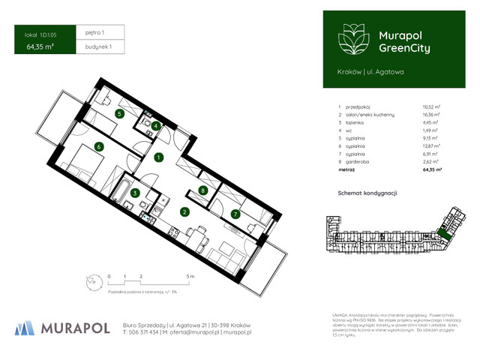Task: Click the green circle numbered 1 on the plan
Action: pos(159,157)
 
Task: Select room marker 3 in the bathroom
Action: pos(135,193)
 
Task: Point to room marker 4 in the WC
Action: pos(155,126)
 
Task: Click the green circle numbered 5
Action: pos(120,114)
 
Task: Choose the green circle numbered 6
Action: pos(98,147)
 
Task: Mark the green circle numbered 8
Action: pos(204,191)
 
